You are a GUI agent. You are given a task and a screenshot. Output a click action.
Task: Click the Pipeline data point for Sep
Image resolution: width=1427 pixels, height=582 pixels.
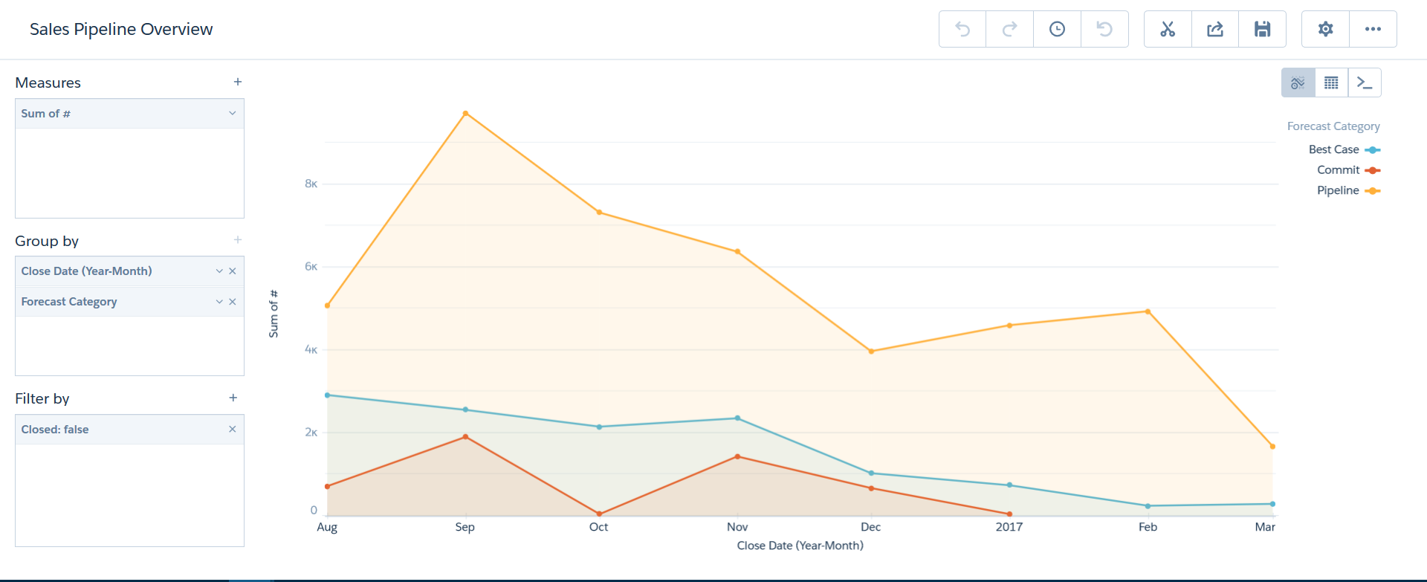[465, 113]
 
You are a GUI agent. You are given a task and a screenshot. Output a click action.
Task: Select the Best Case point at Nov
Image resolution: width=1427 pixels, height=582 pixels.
[737, 418]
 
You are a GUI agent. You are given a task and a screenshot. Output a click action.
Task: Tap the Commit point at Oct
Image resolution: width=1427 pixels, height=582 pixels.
[599, 514]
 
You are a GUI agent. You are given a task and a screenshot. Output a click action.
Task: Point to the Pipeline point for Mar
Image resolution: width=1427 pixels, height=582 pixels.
[1272, 447]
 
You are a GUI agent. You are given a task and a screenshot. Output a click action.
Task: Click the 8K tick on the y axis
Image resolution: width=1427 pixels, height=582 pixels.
[311, 184]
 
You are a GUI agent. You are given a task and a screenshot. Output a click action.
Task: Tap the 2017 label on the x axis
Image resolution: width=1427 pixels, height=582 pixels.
[1009, 527]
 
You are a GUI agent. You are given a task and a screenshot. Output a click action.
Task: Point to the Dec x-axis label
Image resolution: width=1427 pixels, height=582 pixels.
[870, 527]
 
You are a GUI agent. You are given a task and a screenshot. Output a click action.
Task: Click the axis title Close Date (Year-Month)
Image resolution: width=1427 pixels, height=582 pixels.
[800, 546]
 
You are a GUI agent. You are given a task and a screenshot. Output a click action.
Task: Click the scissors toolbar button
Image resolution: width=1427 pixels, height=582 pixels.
[1168, 29]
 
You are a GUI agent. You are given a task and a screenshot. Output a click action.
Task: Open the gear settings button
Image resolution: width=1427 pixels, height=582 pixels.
[1325, 29]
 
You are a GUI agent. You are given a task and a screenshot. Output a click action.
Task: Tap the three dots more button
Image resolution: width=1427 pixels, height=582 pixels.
[1373, 29]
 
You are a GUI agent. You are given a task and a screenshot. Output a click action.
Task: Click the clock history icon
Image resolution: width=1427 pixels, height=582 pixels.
[1057, 29]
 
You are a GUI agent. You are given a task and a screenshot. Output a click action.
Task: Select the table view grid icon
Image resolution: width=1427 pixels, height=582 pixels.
[1331, 83]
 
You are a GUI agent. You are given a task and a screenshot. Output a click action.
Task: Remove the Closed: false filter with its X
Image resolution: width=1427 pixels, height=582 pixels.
[232, 429]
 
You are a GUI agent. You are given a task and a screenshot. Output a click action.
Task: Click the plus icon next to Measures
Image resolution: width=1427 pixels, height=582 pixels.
[238, 82]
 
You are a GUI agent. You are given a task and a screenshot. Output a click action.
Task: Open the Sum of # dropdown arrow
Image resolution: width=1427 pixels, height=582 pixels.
[232, 113]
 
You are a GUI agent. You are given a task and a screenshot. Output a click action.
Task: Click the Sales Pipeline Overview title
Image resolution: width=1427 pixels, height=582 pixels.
[121, 29]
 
